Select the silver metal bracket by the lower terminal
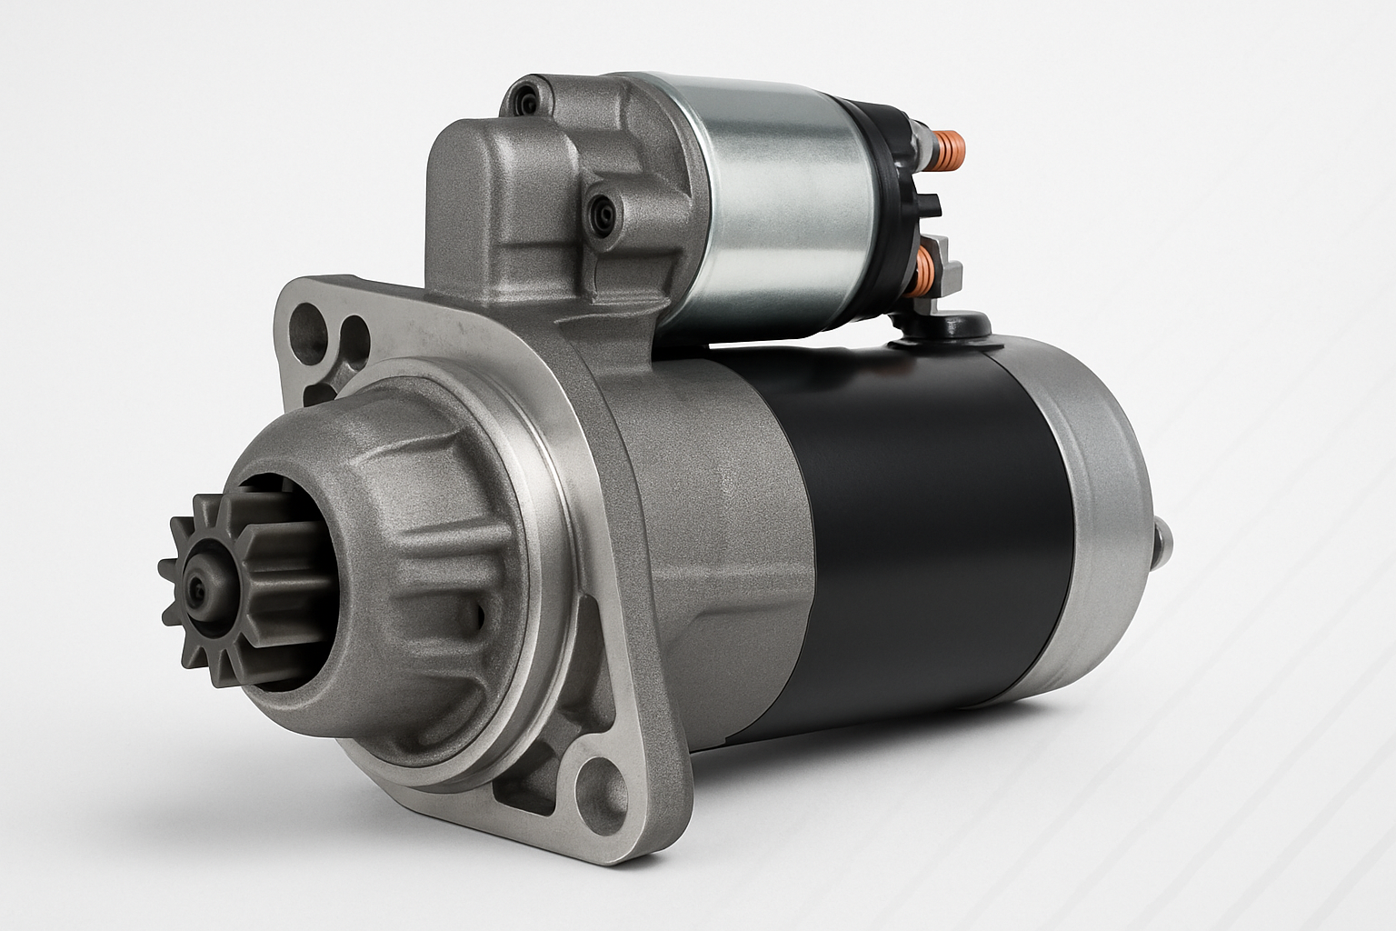945,264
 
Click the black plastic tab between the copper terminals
932,205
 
